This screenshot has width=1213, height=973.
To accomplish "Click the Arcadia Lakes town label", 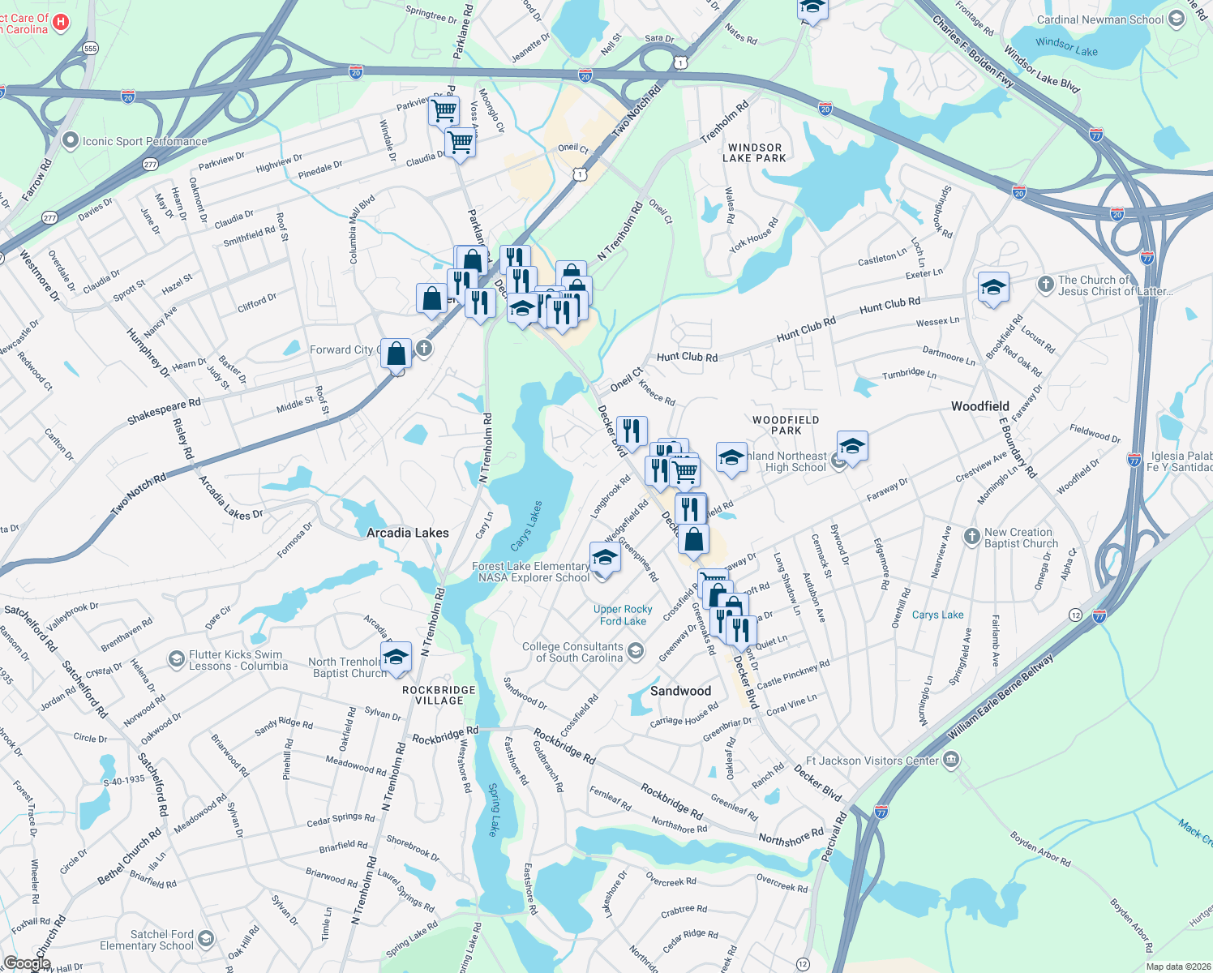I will coord(407,533).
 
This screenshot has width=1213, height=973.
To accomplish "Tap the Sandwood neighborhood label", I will coord(680,691).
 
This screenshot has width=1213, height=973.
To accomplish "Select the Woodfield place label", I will coord(979,406).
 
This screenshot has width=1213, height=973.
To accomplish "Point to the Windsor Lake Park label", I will coord(754,153).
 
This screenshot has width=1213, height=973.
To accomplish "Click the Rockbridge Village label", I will coord(439,695).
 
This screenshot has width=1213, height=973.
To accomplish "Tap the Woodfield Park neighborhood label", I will coord(785,425).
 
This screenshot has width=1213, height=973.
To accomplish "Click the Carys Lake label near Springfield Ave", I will coord(937,615).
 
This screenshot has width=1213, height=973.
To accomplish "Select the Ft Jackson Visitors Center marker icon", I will coord(952,760).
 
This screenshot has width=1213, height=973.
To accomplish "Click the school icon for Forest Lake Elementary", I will coord(605,559).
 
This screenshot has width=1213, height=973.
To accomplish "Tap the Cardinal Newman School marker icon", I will coord(1176,19).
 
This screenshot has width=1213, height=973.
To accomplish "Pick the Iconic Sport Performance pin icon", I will coord(71,141).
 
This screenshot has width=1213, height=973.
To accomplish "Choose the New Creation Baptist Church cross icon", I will coord(971,537).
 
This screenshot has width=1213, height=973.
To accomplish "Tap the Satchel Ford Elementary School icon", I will coord(206,940).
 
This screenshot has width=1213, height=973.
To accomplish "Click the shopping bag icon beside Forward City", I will coord(396,354).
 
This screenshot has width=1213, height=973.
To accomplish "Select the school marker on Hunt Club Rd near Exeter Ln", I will coord(993,287).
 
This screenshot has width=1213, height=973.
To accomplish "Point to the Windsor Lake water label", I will coord(1066,47).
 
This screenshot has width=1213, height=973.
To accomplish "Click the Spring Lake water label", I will coord(493,809).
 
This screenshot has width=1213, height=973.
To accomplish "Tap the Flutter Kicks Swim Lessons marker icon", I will coord(177,659).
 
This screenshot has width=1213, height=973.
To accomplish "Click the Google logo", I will coord(27,962).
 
